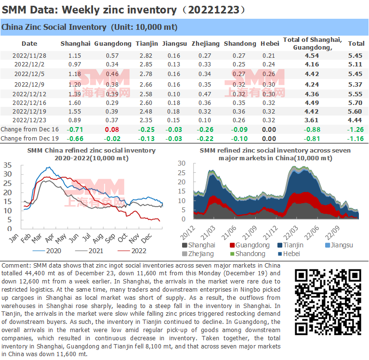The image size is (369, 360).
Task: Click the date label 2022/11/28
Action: (x=29, y=56)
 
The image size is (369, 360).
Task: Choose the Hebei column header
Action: (x=269, y=44)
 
